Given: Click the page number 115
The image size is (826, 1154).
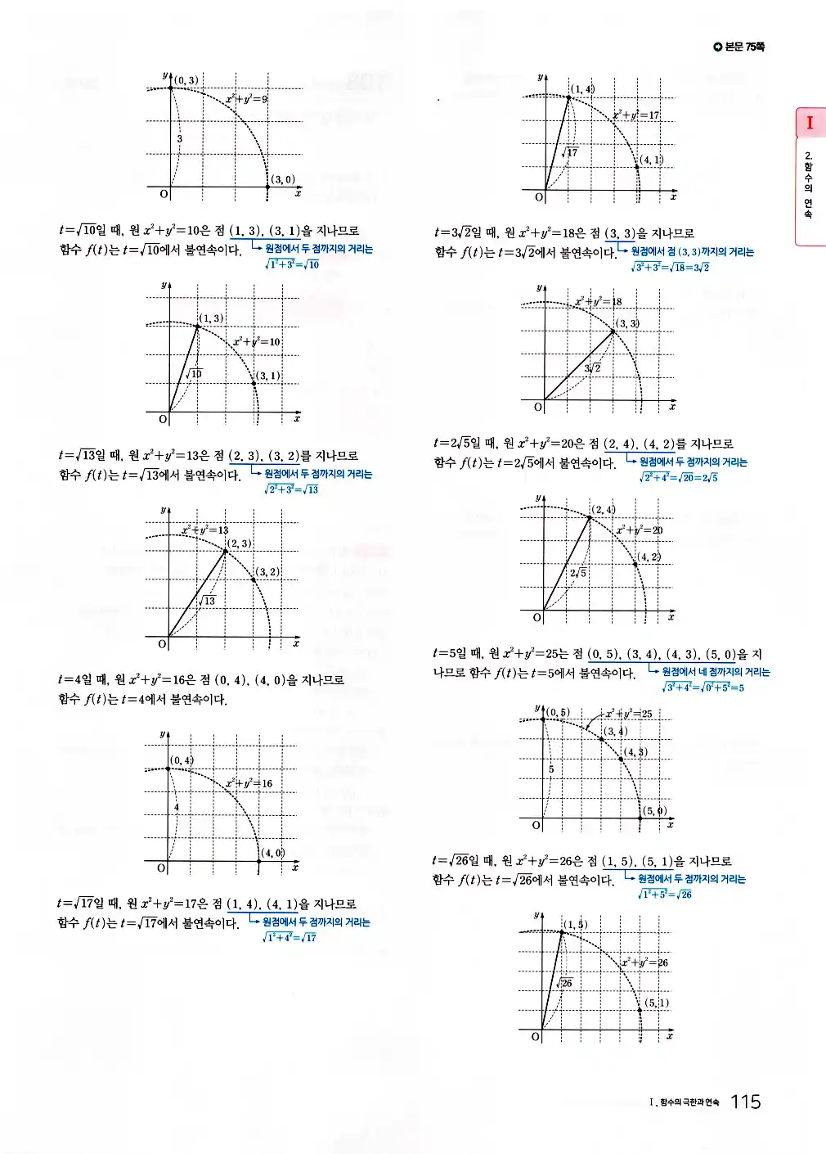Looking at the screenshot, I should (x=745, y=1102).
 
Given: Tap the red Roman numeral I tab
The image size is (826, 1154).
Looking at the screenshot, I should (x=810, y=123).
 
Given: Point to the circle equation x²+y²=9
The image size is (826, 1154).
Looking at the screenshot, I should (x=246, y=99).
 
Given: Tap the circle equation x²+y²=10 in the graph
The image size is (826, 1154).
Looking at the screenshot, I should (x=256, y=341).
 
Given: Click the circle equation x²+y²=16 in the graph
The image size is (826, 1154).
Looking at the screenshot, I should (x=249, y=783).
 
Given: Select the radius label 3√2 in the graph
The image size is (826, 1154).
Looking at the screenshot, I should (x=593, y=367).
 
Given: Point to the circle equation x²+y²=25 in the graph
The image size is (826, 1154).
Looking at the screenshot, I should (x=629, y=714).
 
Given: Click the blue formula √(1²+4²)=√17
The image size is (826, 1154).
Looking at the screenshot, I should (x=290, y=938).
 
